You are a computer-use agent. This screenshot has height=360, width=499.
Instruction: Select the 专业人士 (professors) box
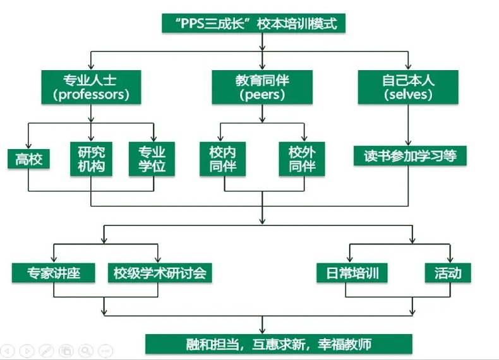coord(92,87)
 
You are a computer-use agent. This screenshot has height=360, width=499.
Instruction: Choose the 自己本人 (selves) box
coord(408,87)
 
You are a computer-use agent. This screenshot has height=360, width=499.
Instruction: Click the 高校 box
coord(28,159)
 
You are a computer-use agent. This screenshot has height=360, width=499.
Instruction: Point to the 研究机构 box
coord(92,159)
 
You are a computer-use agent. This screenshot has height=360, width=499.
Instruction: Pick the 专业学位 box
coord(152,159)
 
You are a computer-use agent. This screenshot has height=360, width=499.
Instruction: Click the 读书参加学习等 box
coord(410,155)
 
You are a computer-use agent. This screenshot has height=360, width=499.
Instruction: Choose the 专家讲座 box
coord(53,273)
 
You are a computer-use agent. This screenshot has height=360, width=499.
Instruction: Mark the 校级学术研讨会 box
coord(159,273)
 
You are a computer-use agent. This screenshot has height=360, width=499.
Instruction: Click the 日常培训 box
coord(352,273)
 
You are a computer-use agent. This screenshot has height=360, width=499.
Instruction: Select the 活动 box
coord(448,273)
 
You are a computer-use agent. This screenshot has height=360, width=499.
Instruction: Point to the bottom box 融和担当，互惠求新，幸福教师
coord(279,344)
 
